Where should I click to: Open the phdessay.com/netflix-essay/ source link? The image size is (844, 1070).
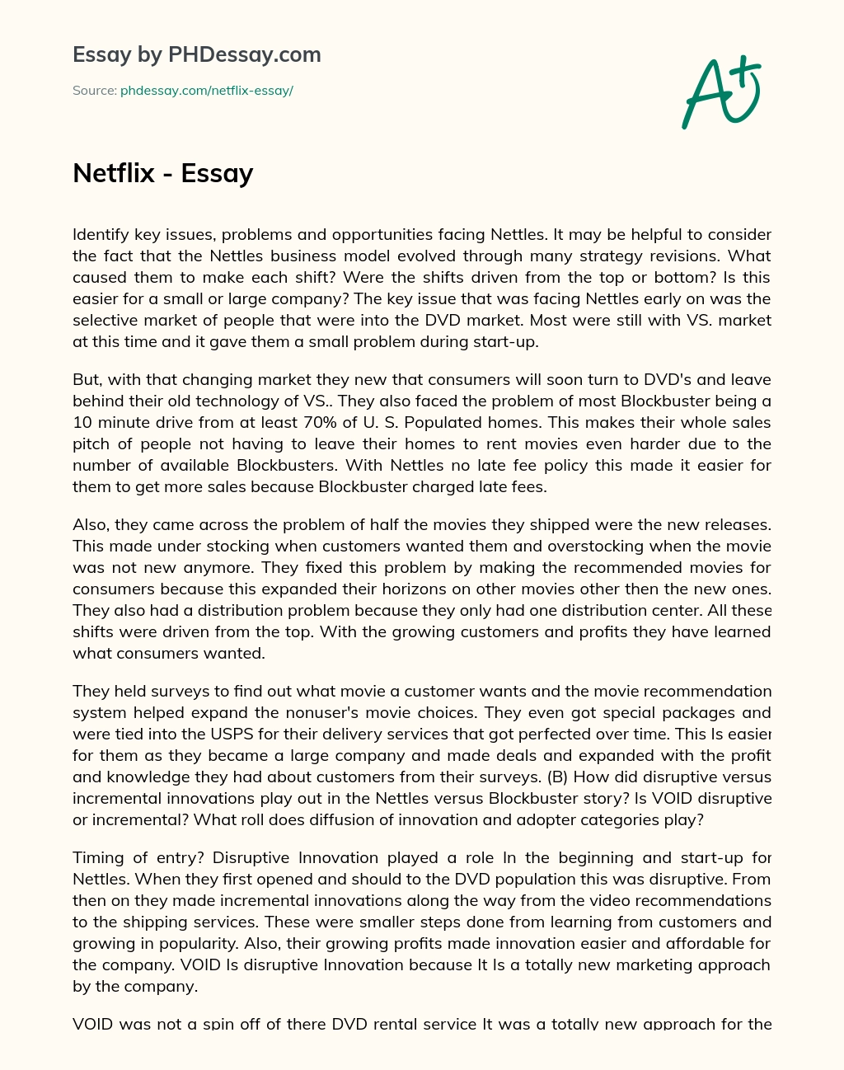(x=207, y=91)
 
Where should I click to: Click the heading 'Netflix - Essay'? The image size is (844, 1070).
(x=162, y=173)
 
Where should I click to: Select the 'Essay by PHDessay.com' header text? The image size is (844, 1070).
(x=197, y=54)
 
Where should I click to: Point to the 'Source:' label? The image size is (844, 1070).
(x=95, y=91)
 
